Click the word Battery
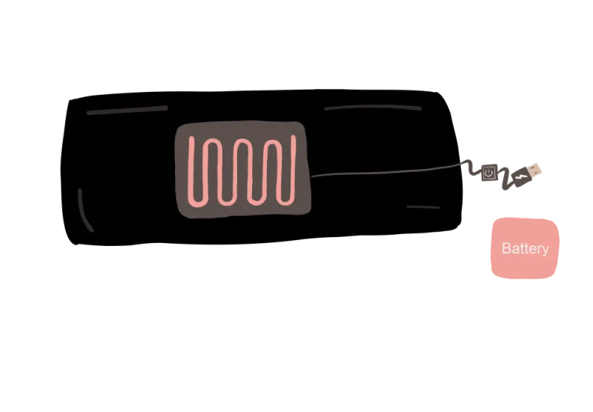click(525, 248)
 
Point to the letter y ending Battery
click(546, 250)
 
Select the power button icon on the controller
click(488, 173)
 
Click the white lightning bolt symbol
click(520, 176)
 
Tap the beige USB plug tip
click(536, 170)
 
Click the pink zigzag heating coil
click(242, 170)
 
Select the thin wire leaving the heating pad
click(385, 172)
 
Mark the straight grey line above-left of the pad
click(127, 110)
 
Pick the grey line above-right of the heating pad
click(373, 107)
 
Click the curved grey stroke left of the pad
click(84, 211)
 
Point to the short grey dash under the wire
click(423, 207)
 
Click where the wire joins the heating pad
click(311, 176)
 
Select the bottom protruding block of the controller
click(504, 190)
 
